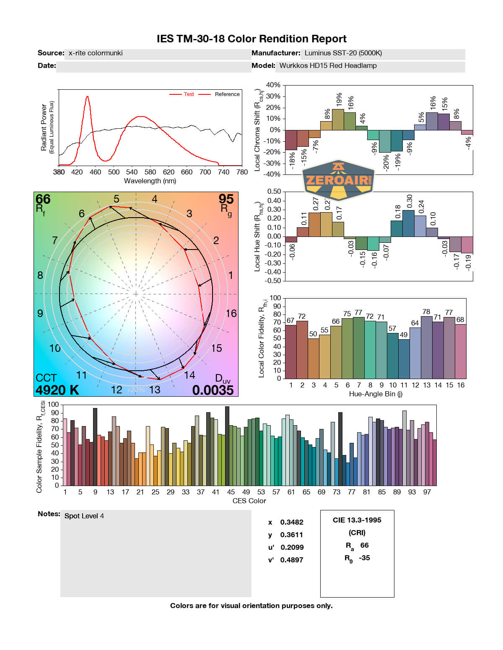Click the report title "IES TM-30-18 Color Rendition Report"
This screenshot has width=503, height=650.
251,39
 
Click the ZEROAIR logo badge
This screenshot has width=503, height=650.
338,180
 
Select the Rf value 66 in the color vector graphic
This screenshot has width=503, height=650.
43,199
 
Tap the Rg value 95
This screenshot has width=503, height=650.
226,199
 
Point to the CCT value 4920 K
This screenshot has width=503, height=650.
57,390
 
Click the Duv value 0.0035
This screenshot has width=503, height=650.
213,390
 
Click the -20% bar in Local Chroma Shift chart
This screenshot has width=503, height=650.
385,141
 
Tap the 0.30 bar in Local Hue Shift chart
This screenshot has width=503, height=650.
408,223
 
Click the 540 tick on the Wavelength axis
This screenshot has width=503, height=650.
132,172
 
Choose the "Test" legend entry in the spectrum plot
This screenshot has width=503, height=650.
189,94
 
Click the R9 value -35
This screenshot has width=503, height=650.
364,558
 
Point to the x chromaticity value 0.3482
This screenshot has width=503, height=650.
292,522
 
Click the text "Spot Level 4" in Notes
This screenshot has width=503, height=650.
84,516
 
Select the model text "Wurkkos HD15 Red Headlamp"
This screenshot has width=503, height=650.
328,66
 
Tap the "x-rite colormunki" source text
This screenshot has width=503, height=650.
96,53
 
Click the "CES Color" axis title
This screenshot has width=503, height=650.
249,501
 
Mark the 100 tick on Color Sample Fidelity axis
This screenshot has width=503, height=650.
53,405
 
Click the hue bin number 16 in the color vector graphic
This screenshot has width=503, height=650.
231,313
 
